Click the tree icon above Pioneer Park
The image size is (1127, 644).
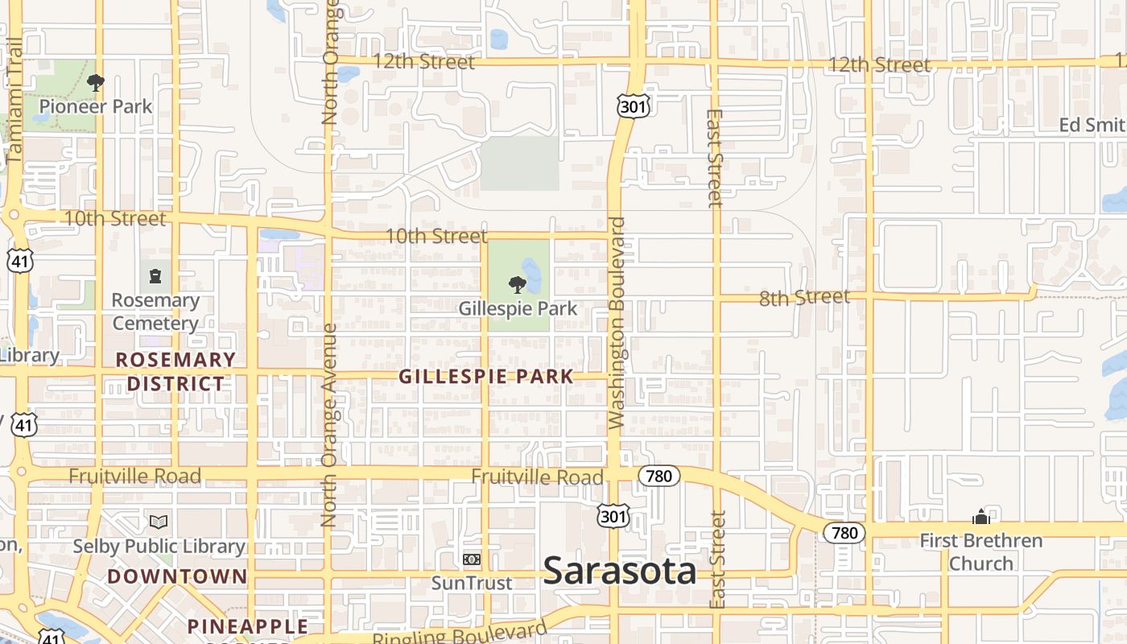click(x=96, y=82)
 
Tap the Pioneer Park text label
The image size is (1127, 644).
click(x=96, y=106)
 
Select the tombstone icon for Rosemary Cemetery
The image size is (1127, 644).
click(x=155, y=277)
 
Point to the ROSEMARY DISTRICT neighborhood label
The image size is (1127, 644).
click(x=175, y=371)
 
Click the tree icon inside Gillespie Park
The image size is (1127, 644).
click(x=518, y=284)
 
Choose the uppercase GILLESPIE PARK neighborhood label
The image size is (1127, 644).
click(x=486, y=376)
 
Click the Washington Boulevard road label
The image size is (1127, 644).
click(x=617, y=322)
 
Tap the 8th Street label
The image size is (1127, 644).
click(x=804, y=298)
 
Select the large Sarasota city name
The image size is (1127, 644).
click(x=620, y=571)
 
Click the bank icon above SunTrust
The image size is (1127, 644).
click(x=472, y=559)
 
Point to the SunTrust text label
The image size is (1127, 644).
click(x=472, y=583)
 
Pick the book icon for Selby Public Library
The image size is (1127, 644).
click(x=159, y=522)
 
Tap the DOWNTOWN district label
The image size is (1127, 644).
click(x=177, y=576)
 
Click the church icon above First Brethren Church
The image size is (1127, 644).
click(x=980, y=516)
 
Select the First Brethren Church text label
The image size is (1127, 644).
click(x=980, y=551)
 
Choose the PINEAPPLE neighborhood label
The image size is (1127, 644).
click(x=248, y=626)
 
